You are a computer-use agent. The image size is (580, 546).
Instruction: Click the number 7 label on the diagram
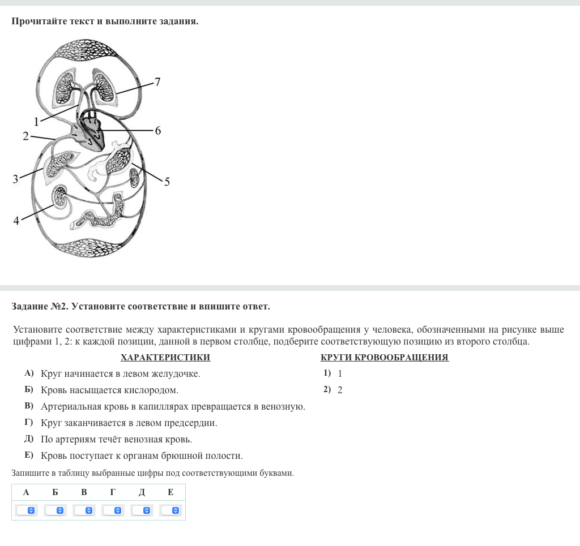coord(157,83)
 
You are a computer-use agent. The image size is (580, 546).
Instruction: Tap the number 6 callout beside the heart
coord(158,131)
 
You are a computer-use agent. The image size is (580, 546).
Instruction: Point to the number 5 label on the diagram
coord(167,182)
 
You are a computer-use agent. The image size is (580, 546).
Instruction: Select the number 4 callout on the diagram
coord(16,221)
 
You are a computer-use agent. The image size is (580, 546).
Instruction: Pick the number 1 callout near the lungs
coord(36,121)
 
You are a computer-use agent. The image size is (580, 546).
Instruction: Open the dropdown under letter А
coord(26,510)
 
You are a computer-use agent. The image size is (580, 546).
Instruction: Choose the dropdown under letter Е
coord(170,510)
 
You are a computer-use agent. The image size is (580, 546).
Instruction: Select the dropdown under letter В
coord(84,510)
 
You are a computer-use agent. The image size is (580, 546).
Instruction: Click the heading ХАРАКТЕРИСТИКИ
coord(165,358)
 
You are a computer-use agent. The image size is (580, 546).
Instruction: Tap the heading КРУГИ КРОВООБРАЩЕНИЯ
coord(384,358)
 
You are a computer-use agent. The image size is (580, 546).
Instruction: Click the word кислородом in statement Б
coord(152,390)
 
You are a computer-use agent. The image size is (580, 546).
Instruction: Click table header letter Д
coord(142,492)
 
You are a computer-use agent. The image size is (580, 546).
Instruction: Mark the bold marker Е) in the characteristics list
coord(29,455)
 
